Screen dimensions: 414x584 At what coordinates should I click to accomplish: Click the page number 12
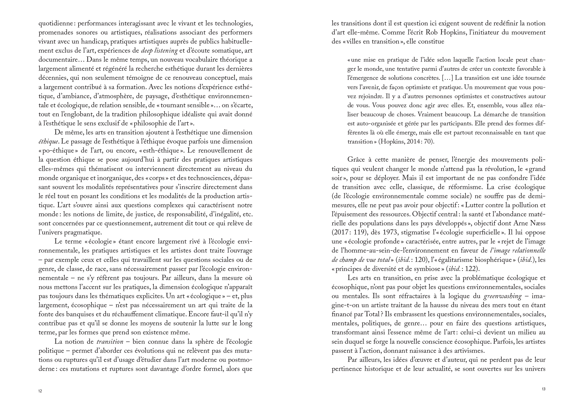40,391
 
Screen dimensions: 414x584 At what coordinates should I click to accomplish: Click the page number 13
543,389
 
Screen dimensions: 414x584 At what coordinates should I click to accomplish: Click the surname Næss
537,223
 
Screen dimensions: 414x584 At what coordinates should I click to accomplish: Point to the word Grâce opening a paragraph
356,160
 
